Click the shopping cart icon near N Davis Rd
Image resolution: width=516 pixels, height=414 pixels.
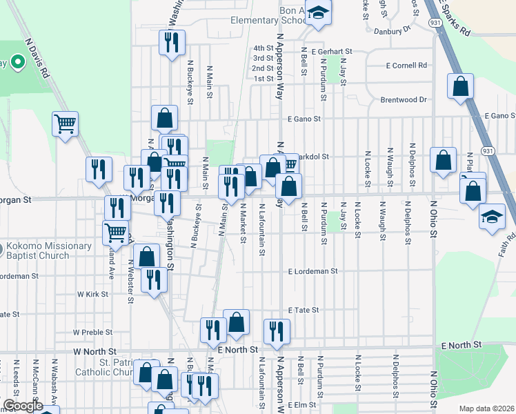(65, 124)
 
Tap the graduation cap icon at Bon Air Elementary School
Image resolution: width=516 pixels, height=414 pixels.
(318, 14)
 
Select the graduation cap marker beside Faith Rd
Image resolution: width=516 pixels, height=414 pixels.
(493, 216)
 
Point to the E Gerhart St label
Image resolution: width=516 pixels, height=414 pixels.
(332, 51)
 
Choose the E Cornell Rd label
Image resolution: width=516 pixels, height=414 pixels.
(407, 66)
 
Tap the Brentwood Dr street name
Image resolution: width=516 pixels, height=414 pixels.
(404, 100)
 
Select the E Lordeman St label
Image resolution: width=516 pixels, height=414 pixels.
(312, 272)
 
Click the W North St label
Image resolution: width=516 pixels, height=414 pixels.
(95, 351)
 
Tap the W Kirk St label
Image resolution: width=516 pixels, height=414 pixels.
(93, 294)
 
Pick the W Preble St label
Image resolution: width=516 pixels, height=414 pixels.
(92, 332)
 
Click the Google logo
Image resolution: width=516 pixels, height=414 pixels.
(23, 406)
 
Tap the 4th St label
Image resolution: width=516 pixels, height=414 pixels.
(263, 48)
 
